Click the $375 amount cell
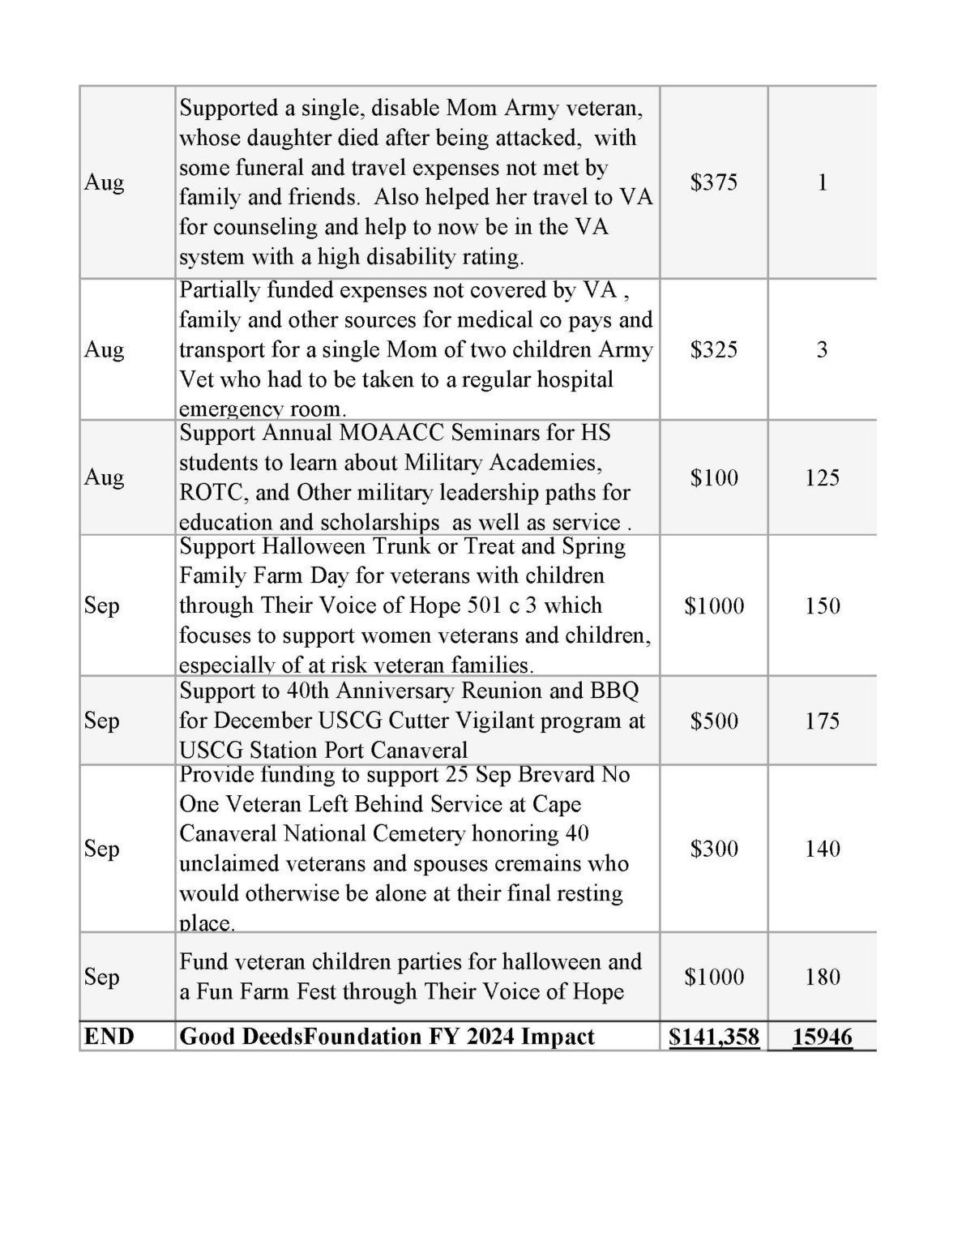[714, 182]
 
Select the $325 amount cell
[714, 349]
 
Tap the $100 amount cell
[714, 477]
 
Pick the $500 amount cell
[714, 721]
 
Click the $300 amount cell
[714, 849]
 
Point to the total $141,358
[714, 1037]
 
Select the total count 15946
[823, 1037]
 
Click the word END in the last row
[109, 1037]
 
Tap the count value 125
[823, 477]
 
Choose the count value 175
[823, 721]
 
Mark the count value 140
[823, 849]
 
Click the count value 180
[823, 977]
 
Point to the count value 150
[823, 605]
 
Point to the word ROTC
[205, 493]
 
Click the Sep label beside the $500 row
[101, 721]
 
